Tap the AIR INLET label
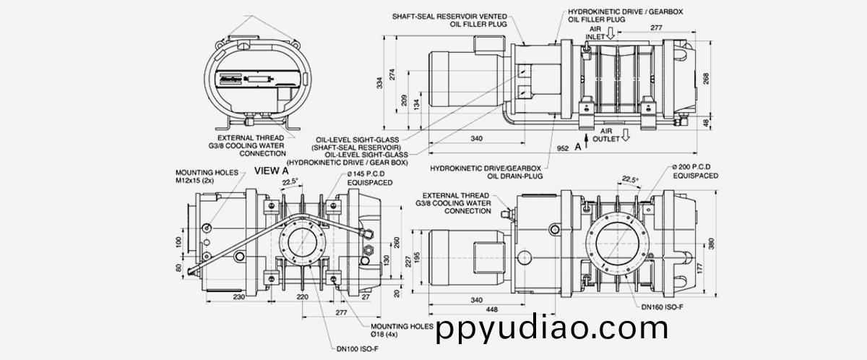(595, 32)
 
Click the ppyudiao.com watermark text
(552, 329)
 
